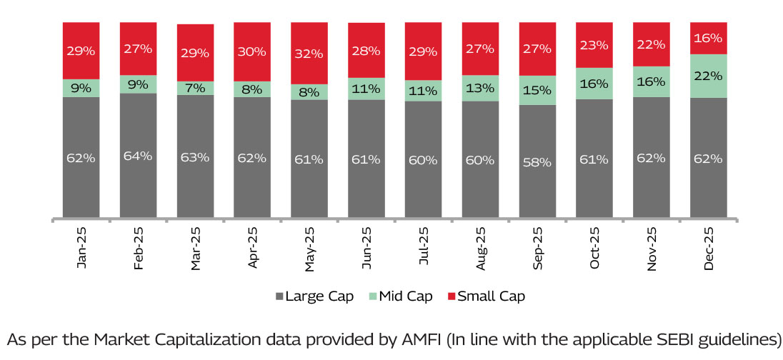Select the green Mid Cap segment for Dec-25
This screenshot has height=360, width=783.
(708, 76)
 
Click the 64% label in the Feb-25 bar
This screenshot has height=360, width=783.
(138, 156)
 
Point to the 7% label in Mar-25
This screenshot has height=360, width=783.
(195, 88)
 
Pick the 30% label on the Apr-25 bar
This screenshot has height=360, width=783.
(251, 51)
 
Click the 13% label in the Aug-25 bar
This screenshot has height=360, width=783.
(480, 88)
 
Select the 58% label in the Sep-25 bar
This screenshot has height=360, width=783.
(537, 162)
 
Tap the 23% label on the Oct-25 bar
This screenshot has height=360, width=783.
(594, 45)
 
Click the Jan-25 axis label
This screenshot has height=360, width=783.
(81, 249)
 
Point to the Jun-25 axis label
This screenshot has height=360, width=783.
(366, 249)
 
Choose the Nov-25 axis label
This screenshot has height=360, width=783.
(651, 249)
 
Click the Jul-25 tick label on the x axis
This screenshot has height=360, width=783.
(423, 249)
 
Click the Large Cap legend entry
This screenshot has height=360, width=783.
(314, 296)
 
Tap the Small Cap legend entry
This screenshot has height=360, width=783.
(485, 296)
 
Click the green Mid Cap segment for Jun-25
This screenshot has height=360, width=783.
(366, 89)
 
